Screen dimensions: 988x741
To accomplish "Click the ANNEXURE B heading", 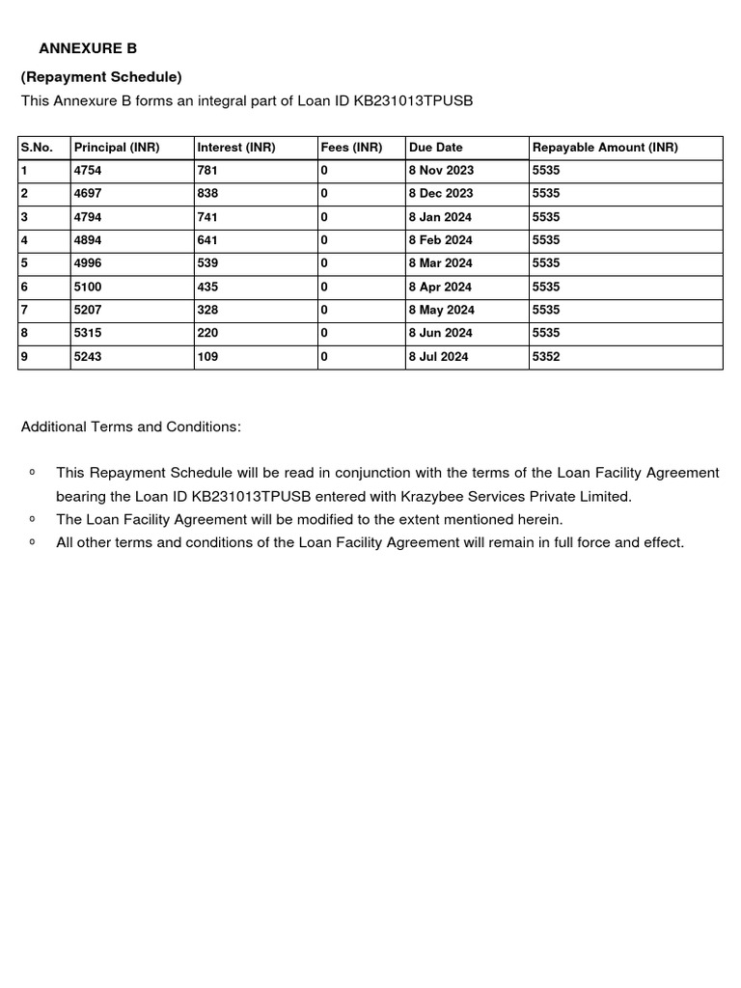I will coord(88,48).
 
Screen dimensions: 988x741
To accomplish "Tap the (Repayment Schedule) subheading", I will coord(101,76).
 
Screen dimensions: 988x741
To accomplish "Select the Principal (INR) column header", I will coord(117,148).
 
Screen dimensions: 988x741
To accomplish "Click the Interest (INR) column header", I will coord(235,148).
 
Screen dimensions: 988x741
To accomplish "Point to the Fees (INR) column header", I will coord(351,148).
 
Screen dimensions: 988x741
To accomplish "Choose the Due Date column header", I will coord(435,148).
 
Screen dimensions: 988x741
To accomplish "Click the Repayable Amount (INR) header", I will coord(605,148).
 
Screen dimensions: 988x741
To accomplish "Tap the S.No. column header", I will coord(37,148).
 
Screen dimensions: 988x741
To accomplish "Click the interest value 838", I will coord(207,194).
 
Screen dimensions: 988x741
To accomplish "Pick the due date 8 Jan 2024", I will coord(440,217).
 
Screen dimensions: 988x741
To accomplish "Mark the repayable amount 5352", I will coord(546,357).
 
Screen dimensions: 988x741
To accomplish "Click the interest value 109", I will coord(207,357).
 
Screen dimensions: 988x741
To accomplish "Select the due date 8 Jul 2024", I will coord(438,357).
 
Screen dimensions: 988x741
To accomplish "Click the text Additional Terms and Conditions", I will coord(131,426).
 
